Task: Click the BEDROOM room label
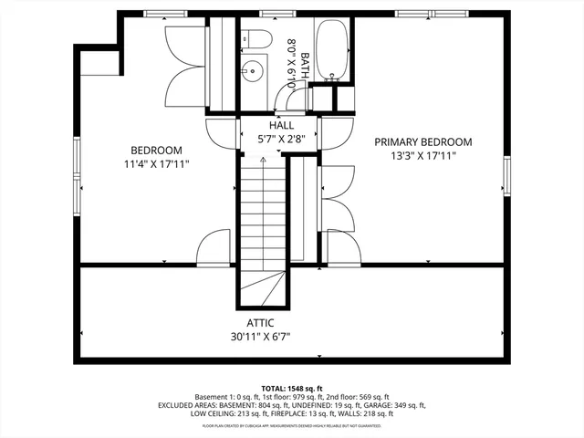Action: (156, 151)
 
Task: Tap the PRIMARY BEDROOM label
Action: (422, 141)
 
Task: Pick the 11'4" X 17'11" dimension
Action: (156, 165)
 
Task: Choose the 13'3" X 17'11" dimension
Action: (422, 156)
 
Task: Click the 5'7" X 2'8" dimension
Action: (279, 139)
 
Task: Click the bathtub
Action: (329, 50)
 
